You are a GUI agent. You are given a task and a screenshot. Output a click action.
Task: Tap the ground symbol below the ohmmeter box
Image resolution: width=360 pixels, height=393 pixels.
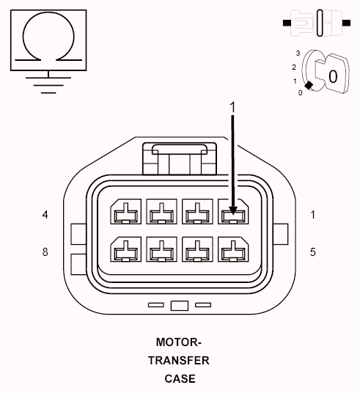[48, 83]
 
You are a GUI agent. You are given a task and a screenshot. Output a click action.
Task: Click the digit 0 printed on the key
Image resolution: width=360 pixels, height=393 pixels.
[332, 76]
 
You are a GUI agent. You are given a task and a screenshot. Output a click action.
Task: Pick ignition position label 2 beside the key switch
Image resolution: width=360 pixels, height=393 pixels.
[293, 67]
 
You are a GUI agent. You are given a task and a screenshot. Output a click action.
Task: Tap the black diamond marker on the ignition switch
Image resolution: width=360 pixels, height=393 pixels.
[309, 86]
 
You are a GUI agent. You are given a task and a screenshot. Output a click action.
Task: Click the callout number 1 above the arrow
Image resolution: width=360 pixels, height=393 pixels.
[234, 107]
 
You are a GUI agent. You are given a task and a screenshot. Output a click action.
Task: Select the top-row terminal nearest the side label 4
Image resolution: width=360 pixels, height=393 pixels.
[123, 213]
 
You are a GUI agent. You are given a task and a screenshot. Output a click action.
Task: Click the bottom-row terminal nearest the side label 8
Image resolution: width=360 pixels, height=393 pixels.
[123, 251]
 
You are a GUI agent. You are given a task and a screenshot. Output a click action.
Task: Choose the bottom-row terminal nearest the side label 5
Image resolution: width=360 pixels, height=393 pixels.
[234, 251]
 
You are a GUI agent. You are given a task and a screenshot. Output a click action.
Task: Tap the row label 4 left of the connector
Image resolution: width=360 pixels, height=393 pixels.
[45, 215]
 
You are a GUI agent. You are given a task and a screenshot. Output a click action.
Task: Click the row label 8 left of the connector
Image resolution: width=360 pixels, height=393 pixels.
[45, 251]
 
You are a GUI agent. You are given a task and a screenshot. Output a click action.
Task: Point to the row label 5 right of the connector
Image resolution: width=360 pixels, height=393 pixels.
[313, 251]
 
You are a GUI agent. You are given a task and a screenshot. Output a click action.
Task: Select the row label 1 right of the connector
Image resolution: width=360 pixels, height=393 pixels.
[313, 215]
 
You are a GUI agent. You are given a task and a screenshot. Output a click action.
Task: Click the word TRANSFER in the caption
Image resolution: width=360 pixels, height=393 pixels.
[179, 360]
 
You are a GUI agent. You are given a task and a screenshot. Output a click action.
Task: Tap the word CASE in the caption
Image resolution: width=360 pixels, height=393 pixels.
[180, 378]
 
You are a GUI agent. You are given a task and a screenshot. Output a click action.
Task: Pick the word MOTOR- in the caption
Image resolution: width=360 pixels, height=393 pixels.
[179, 342]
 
